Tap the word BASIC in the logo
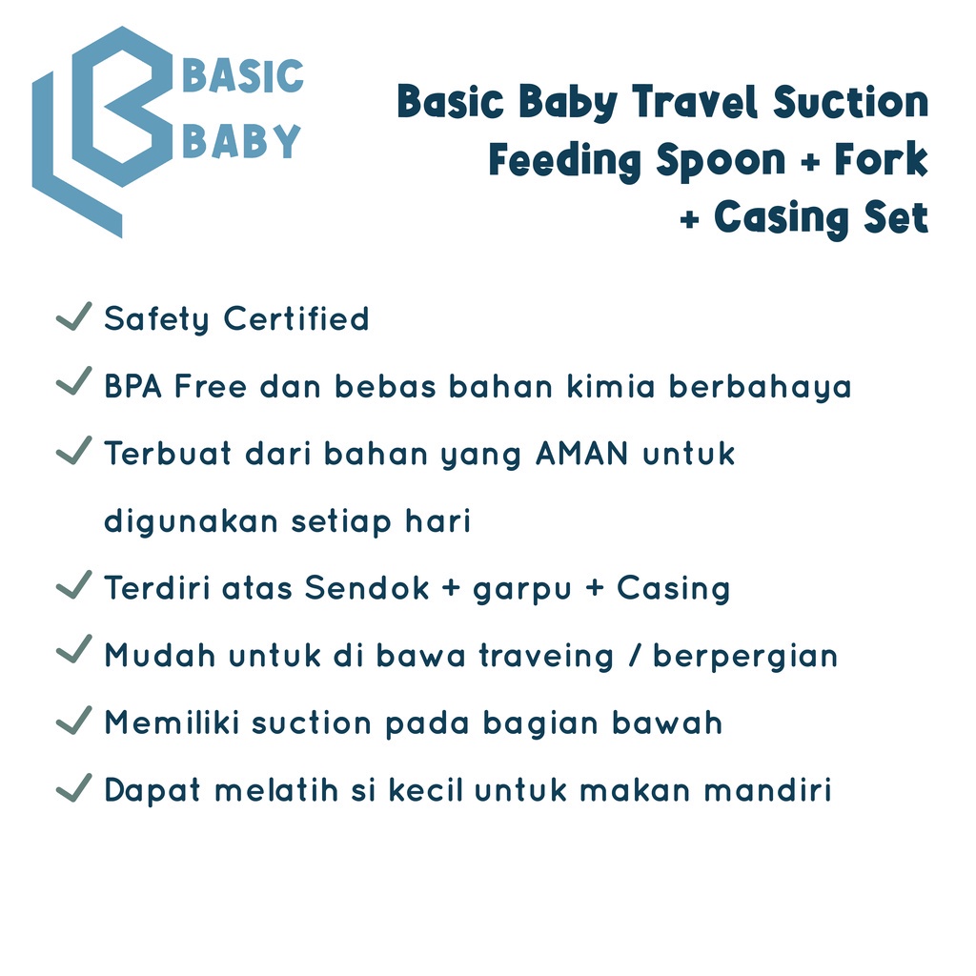pos(243,76)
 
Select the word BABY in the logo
pos(241,141)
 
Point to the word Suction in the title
pos(851,101)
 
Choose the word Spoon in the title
pos(721,160)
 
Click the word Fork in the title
pos(881,159)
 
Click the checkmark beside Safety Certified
pos(74,316)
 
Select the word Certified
pos(296,318)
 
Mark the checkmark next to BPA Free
pos(74,381)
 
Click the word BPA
pos(133,386)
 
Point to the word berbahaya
pos(760,387)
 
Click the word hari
pos(438,520)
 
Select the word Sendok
pos(367,587)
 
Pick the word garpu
pos(522,591)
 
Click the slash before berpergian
pos(634,656)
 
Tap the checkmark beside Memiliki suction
pos(74,721)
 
